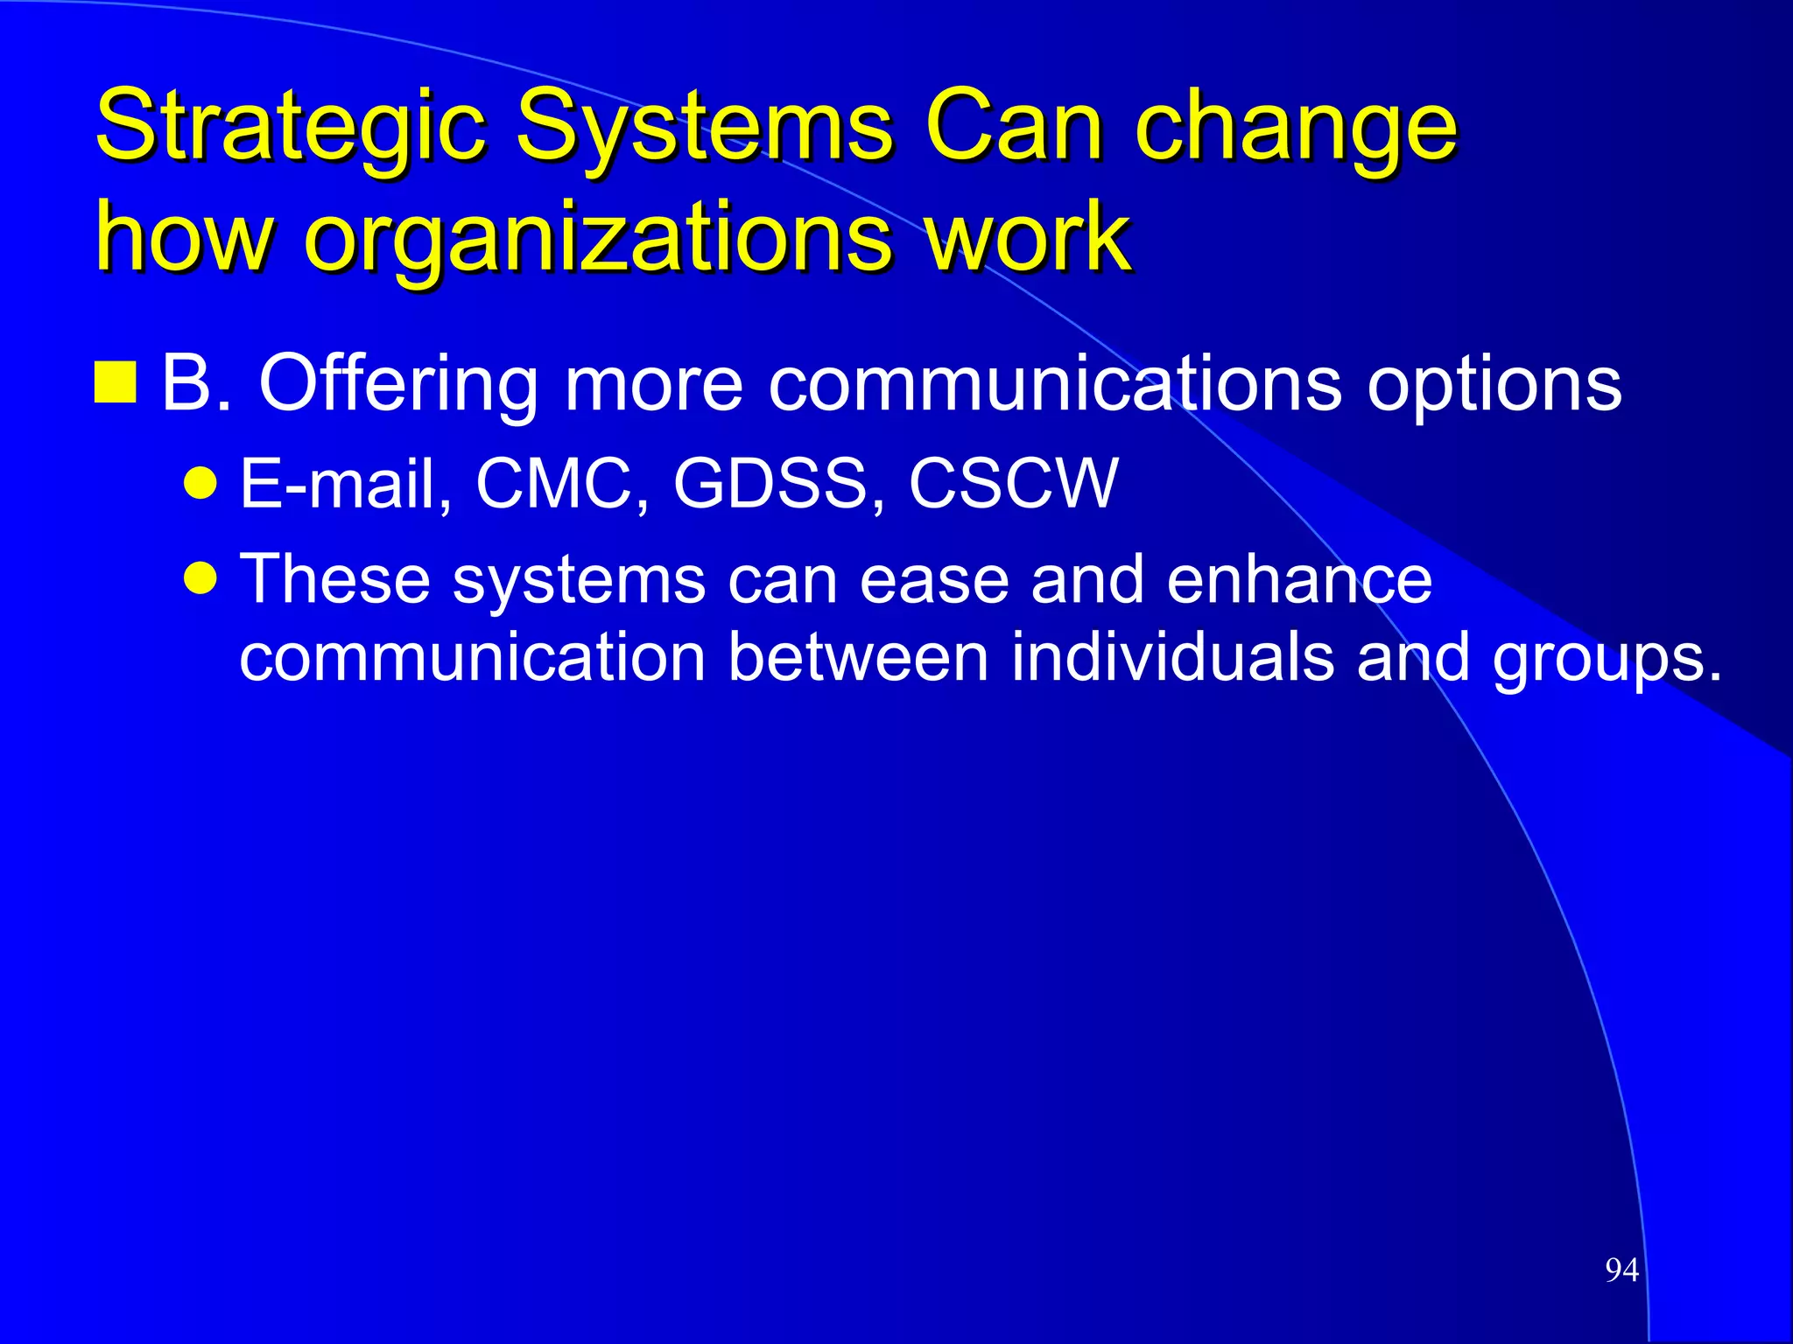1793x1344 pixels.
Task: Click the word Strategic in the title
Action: click(289, 127)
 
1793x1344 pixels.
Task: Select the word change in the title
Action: click(1296, 127)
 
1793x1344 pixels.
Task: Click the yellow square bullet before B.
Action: click(116, 382)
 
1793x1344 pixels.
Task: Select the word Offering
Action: click(398, 383)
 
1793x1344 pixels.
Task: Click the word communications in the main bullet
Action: click(1054, 383)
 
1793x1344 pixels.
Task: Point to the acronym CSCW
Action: click(1013, 483)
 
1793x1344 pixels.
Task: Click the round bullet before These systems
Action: click(201, 578)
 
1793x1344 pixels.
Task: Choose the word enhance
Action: click(1299, 579)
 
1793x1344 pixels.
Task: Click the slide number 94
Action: click(1621, 1270)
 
